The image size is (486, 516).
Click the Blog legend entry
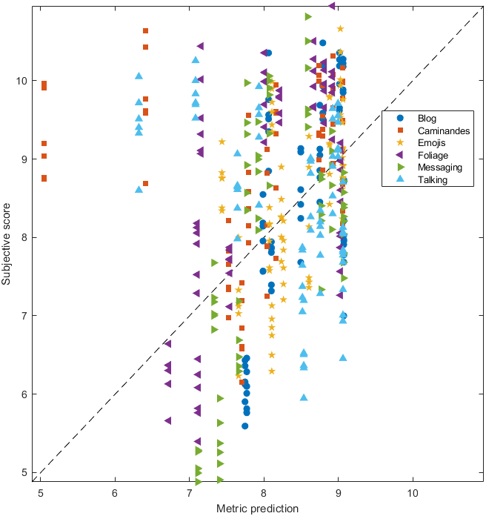click(x=427, y=118)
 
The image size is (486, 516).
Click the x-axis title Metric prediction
click(x=257, y=508)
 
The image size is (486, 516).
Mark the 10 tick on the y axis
click(x=23, y=80)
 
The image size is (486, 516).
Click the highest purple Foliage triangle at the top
click(x=331, y=5)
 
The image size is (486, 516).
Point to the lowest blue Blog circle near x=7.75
click(x=245, y=426)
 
